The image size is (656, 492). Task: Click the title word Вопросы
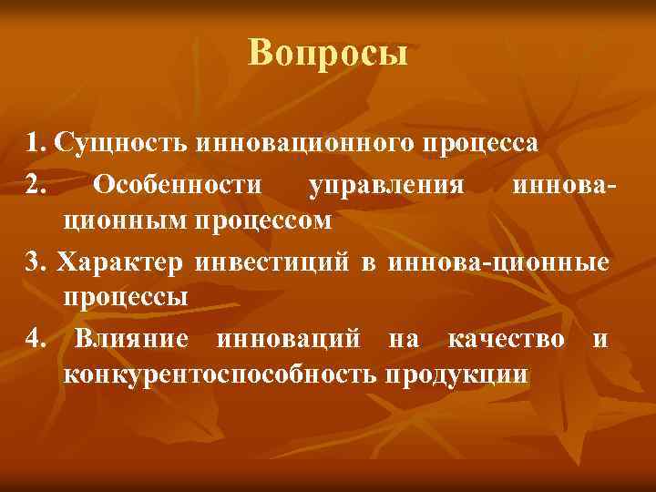(328, 53)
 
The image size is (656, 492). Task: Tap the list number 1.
(35, 143)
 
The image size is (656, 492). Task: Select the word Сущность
(121, 143)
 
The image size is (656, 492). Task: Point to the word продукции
(456, 375)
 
